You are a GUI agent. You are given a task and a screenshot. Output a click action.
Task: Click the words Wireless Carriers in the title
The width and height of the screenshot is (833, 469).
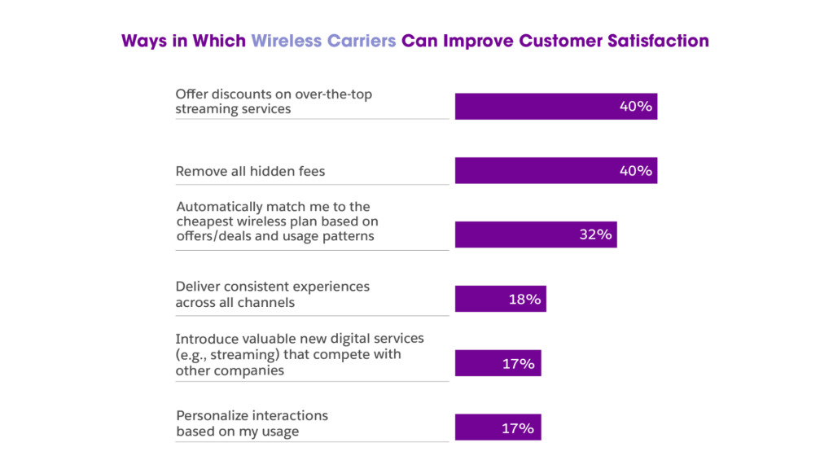[x=324, y=41]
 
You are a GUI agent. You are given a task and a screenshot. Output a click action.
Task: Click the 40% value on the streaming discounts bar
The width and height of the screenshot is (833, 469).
[x=637, y=107]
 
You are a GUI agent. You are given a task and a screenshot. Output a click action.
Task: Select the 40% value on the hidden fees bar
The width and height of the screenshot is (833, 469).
[x=637, y=171]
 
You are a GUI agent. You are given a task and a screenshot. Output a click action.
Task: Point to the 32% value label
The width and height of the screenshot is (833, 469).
[x=595, y=234]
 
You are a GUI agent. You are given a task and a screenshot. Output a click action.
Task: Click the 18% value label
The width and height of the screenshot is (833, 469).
[x=525, y=299]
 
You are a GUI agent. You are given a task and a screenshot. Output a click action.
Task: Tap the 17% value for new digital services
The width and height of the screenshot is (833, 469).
[x=519, y=363]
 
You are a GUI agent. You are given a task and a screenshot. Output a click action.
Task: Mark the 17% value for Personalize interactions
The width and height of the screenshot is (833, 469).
[x=519, y=427]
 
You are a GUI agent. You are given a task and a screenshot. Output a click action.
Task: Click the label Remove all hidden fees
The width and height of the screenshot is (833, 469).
[x=251, y=171]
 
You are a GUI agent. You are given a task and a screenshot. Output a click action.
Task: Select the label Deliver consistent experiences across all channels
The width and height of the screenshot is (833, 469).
[x=273, y=295]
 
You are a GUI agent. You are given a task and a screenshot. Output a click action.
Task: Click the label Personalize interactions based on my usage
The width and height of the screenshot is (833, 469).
[x=252, y=423]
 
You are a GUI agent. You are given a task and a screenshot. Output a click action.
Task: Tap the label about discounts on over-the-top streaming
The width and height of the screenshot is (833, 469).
[x=274, y=102]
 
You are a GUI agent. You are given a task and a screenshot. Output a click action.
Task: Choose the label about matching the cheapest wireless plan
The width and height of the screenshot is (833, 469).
[x=276, y=221]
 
